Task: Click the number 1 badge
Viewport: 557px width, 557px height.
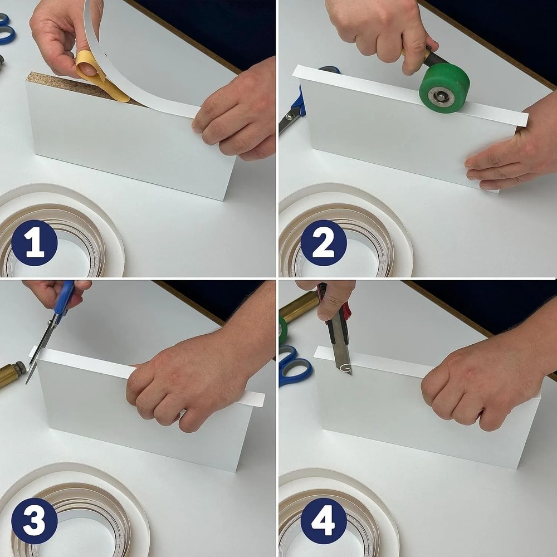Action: point(35,242)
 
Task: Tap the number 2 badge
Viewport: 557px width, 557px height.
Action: point(324,242)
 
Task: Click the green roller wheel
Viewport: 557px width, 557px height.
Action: point(444,88)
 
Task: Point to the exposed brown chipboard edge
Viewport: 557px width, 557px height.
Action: point(61,84)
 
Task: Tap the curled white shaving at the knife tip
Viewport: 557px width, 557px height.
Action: point(347,368)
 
